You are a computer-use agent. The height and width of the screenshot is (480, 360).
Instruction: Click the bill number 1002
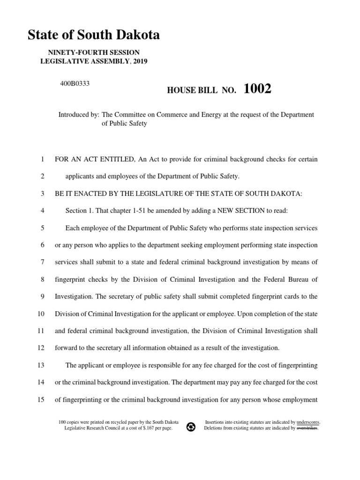pos(257,89)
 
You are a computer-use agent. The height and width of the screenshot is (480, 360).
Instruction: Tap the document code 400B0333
pos(74,83)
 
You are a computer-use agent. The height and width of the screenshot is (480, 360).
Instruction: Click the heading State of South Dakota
pos(94,35)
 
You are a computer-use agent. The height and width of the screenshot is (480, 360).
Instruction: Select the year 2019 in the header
pos(140,61)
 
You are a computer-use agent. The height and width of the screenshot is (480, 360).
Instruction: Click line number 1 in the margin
pos(42,159)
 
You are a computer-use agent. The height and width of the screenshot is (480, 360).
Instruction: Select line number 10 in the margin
pos(41,314)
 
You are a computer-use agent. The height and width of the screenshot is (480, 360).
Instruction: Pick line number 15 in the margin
pos(41,399)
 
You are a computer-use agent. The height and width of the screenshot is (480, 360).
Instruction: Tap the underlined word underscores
pos(308,422)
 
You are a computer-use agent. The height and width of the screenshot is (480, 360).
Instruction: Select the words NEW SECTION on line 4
pos(236,210)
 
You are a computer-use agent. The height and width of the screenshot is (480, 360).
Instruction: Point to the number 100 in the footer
pos(62,422)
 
